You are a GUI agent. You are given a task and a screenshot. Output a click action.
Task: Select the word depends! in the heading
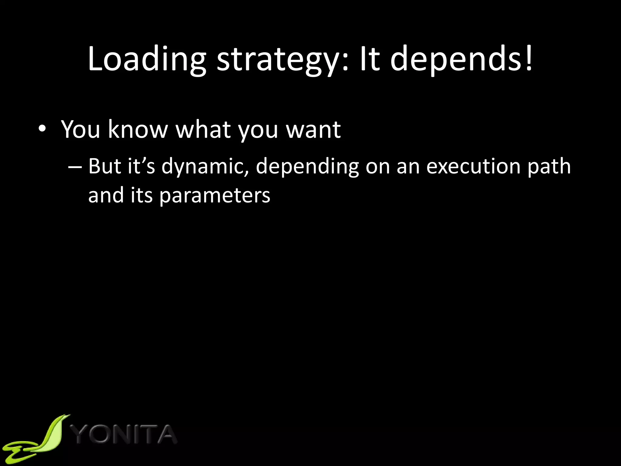[461, 59]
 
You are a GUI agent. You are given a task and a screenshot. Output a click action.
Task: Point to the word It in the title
[370, 59]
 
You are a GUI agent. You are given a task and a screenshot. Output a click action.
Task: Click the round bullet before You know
[42, 130]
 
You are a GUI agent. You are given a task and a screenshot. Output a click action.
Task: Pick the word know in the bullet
[138, 130]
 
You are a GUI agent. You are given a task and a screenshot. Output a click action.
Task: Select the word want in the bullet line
[314, 130]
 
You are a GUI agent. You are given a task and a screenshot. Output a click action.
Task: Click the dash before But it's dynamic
[75, 167]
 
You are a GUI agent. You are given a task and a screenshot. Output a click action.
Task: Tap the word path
[549, 167]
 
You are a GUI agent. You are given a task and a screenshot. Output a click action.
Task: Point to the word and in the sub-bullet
[106, 196]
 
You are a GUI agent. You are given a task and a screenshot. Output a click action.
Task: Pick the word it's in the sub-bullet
[141, 167]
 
